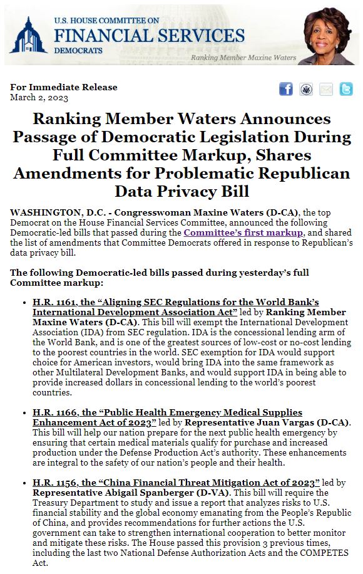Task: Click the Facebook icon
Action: pos(286,89)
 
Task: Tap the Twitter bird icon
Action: pos(346,89)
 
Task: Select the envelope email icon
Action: pos(326,89)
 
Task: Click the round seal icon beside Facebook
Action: pos(306,89)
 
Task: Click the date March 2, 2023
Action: pos(39,97)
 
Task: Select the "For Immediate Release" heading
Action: pos(64,87)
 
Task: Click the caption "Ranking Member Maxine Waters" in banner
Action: pos(243,58)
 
